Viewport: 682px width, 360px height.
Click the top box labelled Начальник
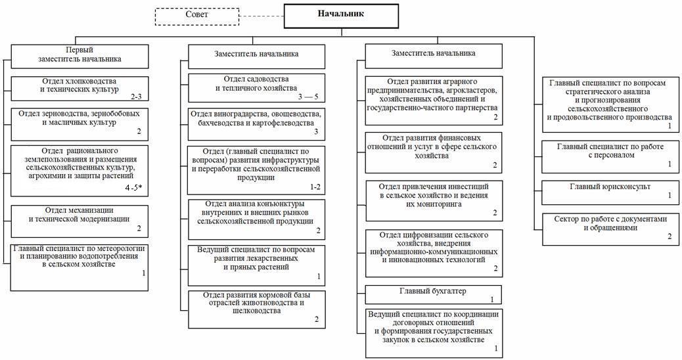(x=340, y=16)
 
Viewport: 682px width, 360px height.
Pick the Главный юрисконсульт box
(x=610, y=191)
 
